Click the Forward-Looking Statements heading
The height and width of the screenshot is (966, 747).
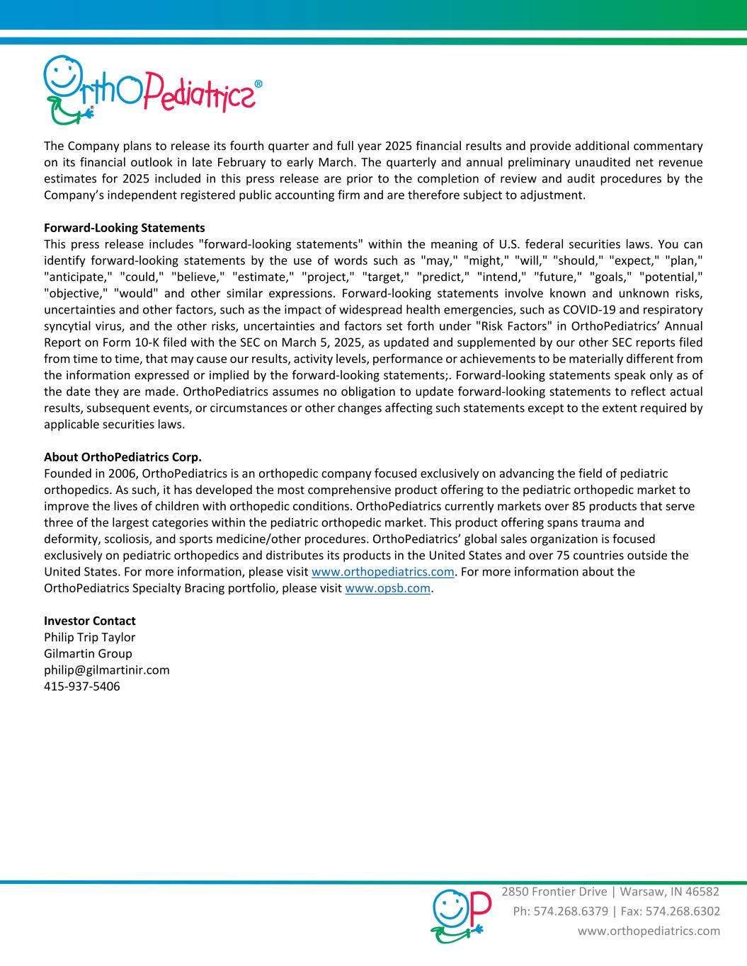pos(124,228)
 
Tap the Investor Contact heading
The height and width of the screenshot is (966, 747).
pos(89,621)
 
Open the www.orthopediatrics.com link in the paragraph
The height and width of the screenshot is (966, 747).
pos(382,572)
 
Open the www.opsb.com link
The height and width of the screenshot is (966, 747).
pos(387,588)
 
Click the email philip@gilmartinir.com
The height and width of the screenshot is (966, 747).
pos(106,669)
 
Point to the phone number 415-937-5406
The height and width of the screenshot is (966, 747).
pos(81,686)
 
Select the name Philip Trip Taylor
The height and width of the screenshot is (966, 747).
pos(89,637)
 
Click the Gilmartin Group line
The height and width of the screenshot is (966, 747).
pos(88,653)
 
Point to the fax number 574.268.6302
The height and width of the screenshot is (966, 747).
pos(685,911)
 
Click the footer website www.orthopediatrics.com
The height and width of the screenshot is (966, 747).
pos(649,931)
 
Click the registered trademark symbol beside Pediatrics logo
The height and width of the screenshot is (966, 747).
pos(258,84)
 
